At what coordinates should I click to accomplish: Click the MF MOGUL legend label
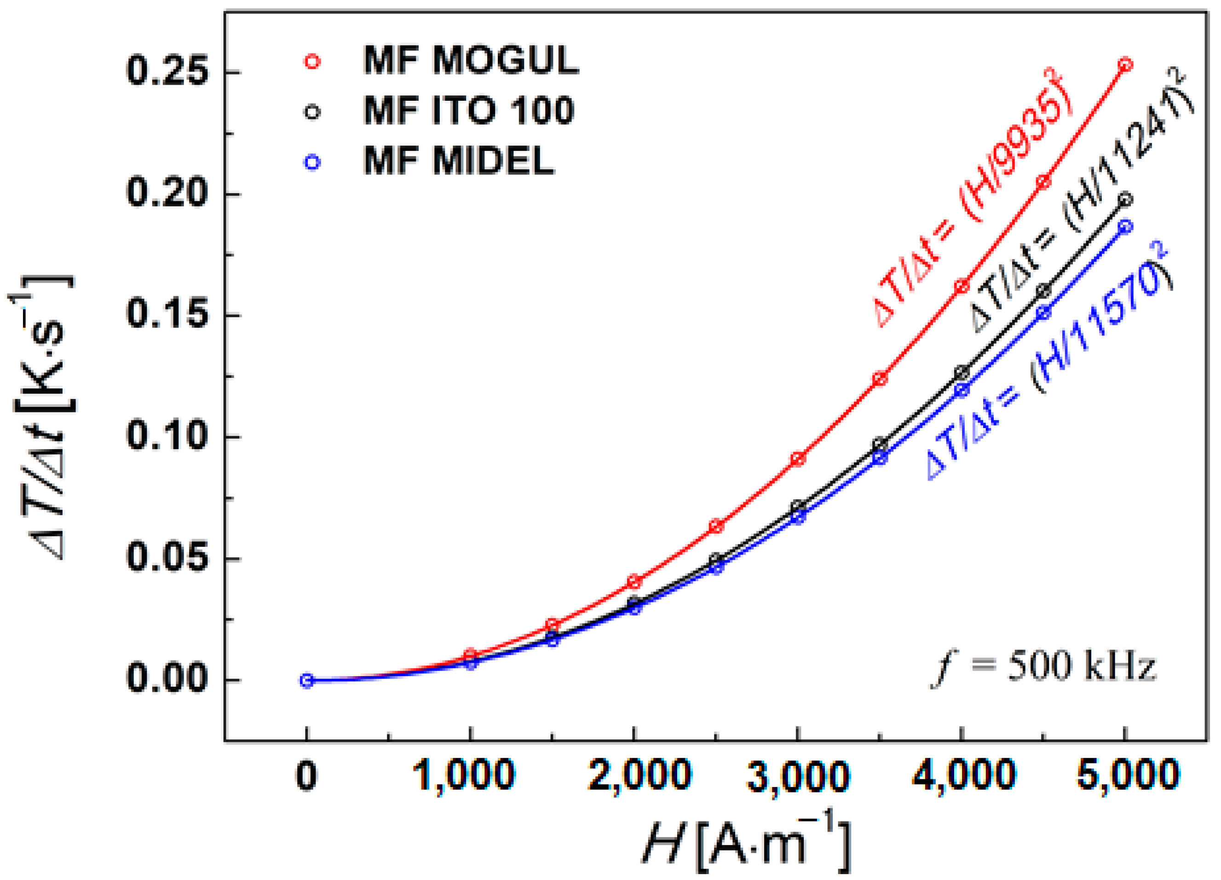click(x=471, y=60)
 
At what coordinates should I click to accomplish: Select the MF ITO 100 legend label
click(x=468, y=111)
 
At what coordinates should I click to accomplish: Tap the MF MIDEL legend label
click(x=459, y=161)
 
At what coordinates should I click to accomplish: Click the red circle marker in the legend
click(x=312, y=61)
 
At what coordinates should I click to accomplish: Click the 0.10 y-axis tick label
click(x=167, y=437)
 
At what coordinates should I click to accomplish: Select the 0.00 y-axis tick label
click(x=167, y=680)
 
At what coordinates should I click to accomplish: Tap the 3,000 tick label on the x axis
click(x=798, y=776)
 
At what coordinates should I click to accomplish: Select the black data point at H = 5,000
click(x=1125, y=200)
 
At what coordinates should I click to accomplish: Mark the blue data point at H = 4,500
click(x=1043, y=313)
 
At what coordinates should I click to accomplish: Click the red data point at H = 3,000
click(x=798, y=459)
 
